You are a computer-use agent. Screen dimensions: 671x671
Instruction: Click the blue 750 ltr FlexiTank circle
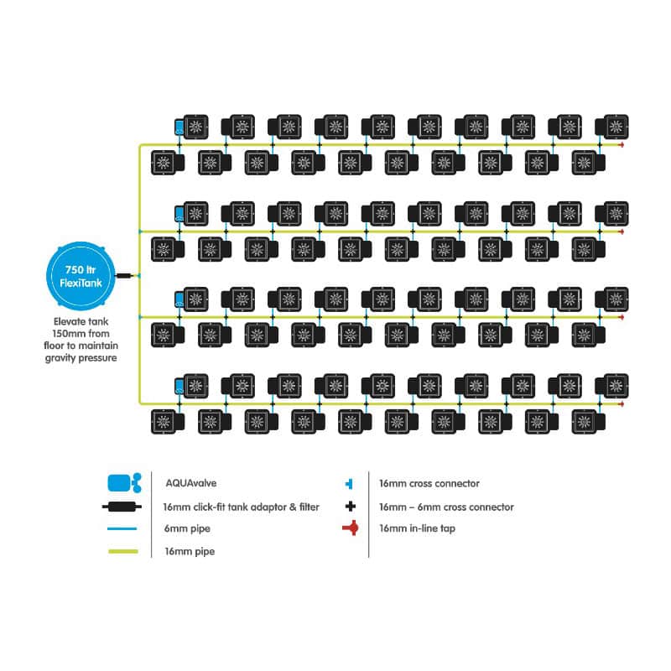(x=81, y=276)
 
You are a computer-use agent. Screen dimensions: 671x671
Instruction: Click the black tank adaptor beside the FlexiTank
(x=124, y=276)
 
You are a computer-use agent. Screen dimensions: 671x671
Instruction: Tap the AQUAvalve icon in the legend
(x=124, y=483)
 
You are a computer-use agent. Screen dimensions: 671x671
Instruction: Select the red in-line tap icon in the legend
(x=351, y=528)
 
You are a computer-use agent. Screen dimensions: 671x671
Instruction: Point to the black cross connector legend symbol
(x=351, y=507)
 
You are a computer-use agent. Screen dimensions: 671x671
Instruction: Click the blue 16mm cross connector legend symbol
(x=349, y=484)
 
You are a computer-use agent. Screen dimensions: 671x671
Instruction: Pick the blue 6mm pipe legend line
(x=122, y=528)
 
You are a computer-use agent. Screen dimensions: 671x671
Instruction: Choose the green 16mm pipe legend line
(x=123, y=551)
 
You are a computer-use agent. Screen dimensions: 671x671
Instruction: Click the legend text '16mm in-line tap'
(x=417, y=528)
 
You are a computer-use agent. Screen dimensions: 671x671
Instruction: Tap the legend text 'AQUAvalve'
(x=191, y=483)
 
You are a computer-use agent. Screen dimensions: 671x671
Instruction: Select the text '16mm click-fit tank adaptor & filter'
(x=241, y=507)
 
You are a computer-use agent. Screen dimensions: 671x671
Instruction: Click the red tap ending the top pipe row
(x=621, y=145)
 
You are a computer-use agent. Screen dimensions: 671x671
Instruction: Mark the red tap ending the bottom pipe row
(x=621, y=404)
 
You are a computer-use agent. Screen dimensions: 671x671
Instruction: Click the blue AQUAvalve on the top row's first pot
(x=179, y=127)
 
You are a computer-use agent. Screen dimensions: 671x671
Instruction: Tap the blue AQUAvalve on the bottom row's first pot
(x=179, y=387)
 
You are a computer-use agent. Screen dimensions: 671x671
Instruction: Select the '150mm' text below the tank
(x=68, y=333)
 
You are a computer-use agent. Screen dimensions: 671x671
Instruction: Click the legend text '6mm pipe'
(x=187, y=529)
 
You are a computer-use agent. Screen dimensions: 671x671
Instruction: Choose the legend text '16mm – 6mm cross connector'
(x=446, y=507)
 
